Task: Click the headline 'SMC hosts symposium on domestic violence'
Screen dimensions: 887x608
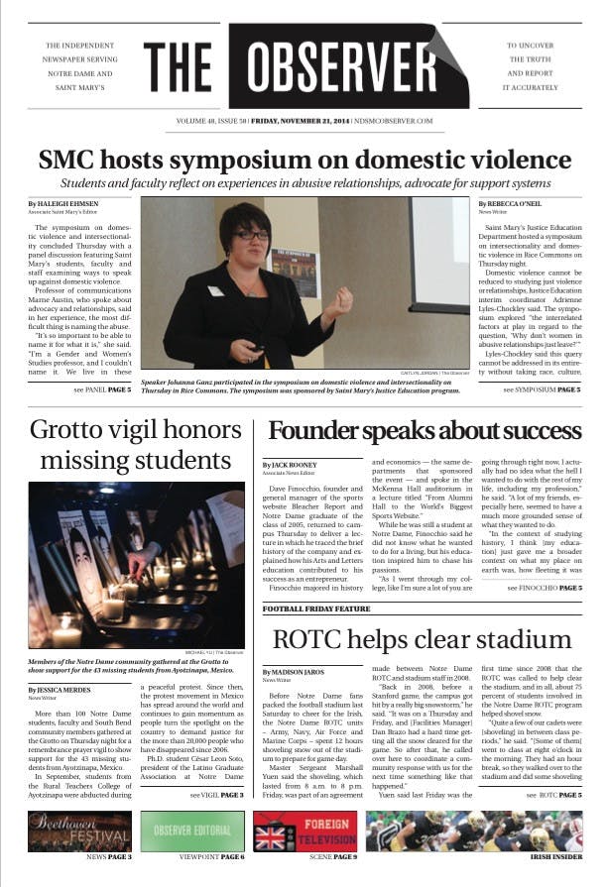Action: [304, 160]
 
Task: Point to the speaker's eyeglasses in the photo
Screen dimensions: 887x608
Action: [247, 234]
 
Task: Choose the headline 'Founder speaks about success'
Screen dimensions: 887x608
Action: [425, 431]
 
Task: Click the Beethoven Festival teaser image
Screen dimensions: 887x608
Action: [78, 831]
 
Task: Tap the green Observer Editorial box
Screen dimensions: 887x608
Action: [192, 831]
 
